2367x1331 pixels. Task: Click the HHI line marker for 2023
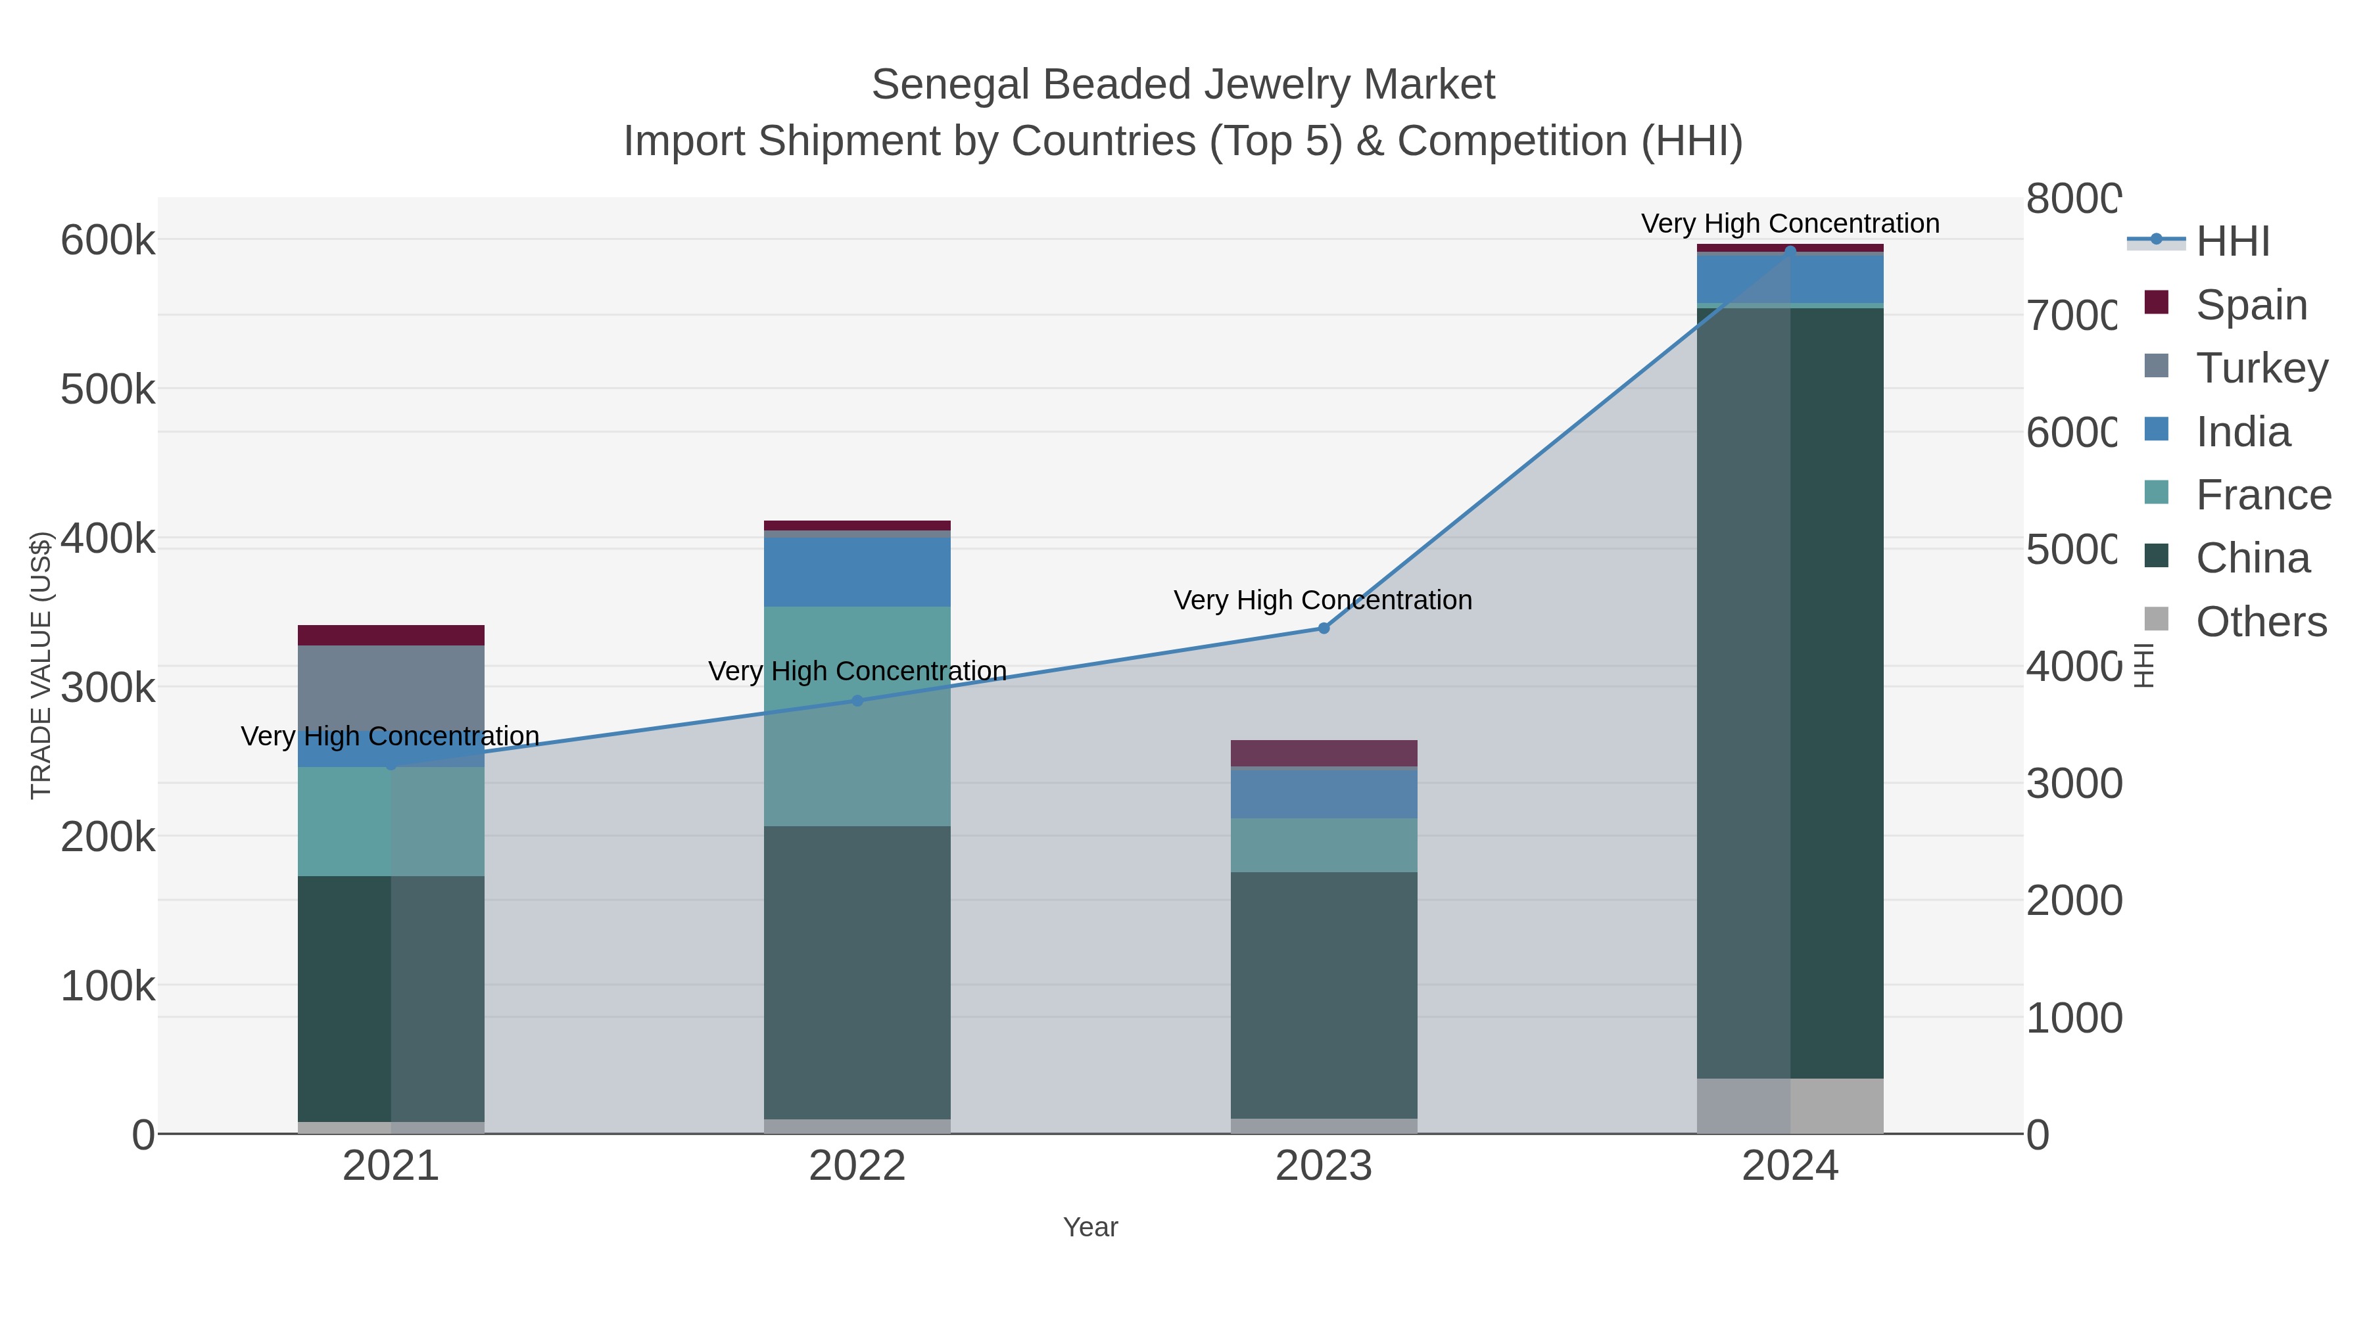1323,628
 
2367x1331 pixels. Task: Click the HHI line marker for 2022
857,700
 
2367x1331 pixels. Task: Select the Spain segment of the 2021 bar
391,635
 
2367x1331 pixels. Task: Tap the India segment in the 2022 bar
857,571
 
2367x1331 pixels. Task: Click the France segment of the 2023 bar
1323,845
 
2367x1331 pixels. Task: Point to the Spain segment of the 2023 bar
1323,753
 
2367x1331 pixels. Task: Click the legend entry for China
2251,559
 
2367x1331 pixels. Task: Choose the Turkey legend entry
2260,367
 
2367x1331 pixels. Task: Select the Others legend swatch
2156,620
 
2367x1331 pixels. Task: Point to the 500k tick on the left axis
108,390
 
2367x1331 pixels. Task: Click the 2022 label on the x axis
857,1165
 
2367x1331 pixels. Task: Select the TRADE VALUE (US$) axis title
40,665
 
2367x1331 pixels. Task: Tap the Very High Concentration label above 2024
1790,223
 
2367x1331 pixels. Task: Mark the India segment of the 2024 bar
1790,278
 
